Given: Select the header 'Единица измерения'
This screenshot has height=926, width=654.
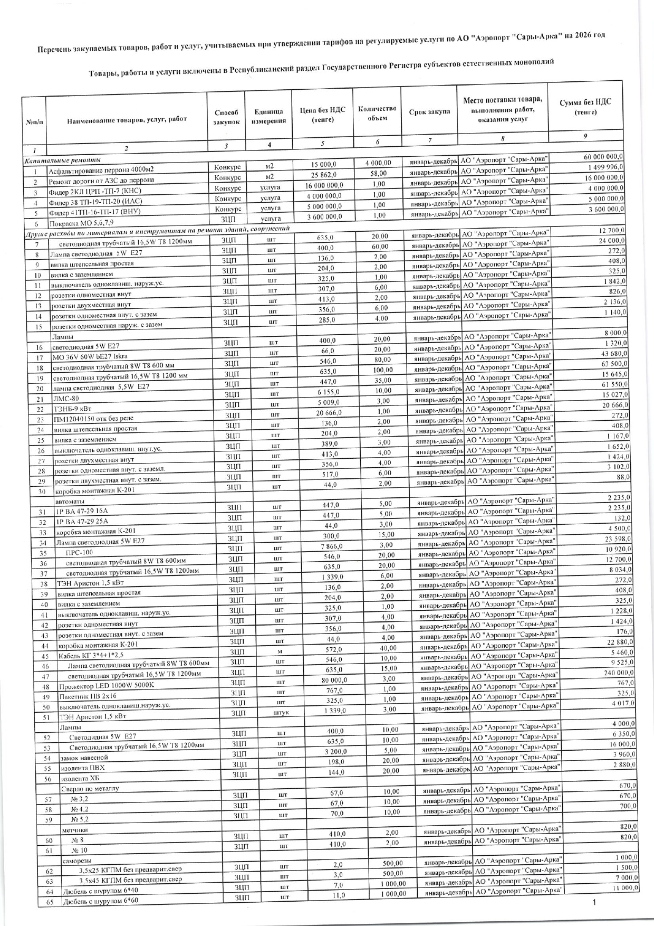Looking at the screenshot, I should pos(268,116).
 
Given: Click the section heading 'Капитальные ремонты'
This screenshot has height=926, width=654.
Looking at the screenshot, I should pos(63,160).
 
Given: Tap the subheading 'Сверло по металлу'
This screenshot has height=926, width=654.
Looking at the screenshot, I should pos(90,788).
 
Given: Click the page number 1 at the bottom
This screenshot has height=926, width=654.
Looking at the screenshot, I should pos(594,903).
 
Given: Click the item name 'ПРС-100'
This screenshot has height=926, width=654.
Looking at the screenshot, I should pos(79,552).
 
